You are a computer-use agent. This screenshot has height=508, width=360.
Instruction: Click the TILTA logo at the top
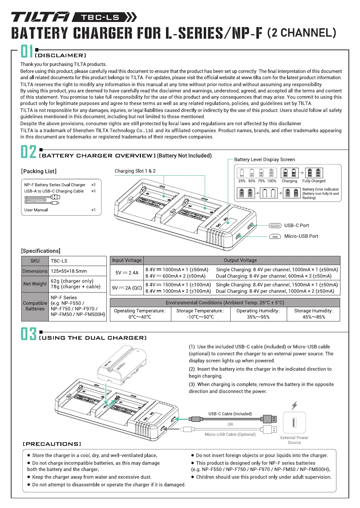pyautogui.click(x=40, y=17)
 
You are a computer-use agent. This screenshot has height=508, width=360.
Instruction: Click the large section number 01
pyautogui.click(x=27, y=51)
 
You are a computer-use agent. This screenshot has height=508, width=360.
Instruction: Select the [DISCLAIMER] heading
pyautogui.click(x=60, y=55)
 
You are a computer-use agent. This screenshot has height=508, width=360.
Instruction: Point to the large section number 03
pyautogui.click(x=28, y=334)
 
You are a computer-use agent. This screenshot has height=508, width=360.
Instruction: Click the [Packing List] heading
pyautogui.click(x=39, y=171)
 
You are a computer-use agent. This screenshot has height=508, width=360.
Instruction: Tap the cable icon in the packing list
pyautogui.click(x=42, y=199)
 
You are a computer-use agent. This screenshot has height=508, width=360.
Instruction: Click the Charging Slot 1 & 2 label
pyautogui.click(x=135, y=171)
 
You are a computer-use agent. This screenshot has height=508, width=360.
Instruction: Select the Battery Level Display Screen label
pyautogui.click(x=264, y=159)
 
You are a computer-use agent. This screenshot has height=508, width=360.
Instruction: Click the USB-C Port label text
pyautogui.click(x=297, y=225)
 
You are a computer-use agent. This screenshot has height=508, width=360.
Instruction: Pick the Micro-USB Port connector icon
pyautogui.click(x=275, y=236)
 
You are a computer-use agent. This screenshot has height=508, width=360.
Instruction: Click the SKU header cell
pyautogui.click(x=35, y=261)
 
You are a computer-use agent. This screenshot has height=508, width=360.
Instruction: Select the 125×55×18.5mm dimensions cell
pyautogui.click(x=69, y=271)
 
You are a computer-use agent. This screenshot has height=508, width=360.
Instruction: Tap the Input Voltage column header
pyautogui.click(x=127, y=260)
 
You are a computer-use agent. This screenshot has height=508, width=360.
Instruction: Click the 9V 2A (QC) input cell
pyautogui.click(x=127, y=288)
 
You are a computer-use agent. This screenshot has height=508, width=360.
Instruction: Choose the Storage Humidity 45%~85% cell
pyautogui.click(x=314, y=314)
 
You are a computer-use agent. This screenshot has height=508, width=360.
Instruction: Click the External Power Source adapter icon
pyautogui.click(x=294, y=423)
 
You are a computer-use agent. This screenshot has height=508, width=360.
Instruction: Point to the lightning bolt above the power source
pyautogui.click(x=294, y=405)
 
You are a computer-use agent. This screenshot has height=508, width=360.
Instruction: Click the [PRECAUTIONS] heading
pyautogui.click(x=52, y=444)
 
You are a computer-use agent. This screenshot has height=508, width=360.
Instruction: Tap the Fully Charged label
pyautogui.click(x=314, y=181)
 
